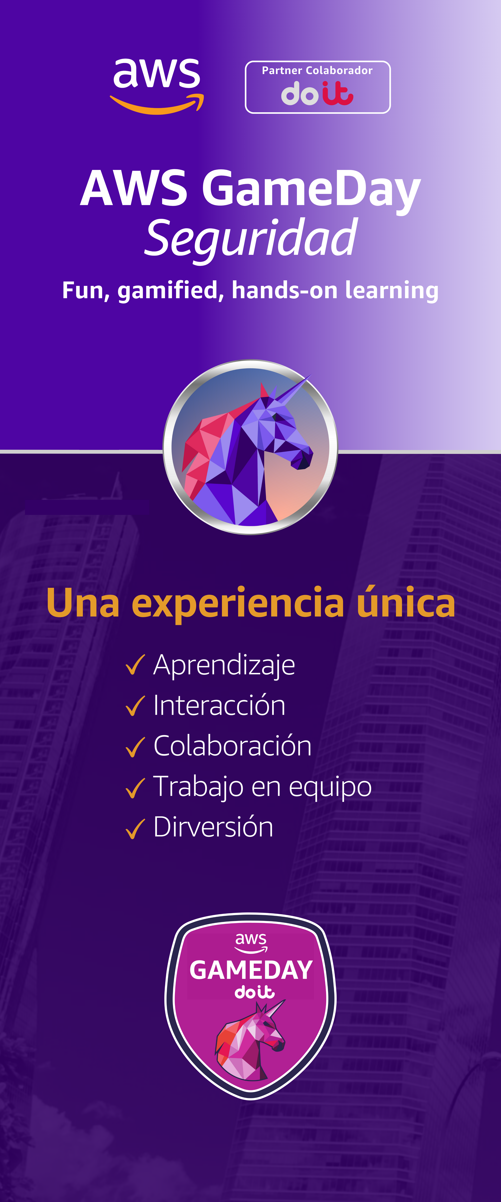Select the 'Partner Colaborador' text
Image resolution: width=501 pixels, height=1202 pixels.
click(317, 70)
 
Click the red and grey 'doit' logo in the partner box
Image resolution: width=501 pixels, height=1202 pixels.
click(317, 93)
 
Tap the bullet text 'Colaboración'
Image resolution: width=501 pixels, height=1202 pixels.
click(232, 746)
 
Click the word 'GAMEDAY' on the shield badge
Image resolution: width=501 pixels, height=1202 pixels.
click(251, 970)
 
